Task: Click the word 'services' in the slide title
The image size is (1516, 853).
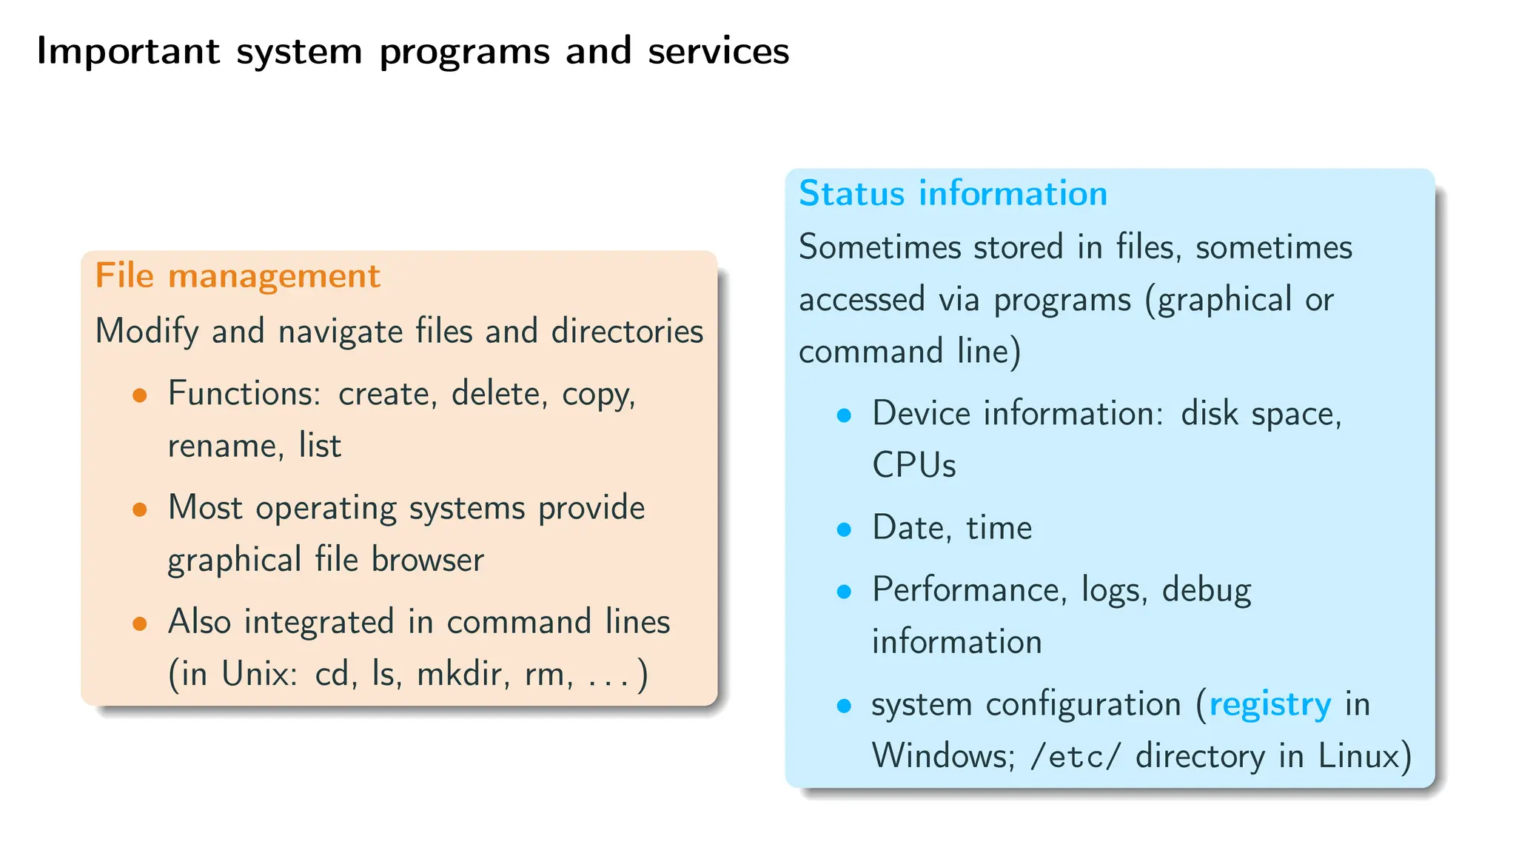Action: [x=718, y=52]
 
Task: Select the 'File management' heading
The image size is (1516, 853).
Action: [x=237, y=276]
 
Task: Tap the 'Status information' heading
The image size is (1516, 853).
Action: [x=953, y=194]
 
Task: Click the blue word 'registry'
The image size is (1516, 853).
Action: [x=1270, y=704]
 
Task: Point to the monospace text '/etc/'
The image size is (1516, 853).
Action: [x=1076, y=757]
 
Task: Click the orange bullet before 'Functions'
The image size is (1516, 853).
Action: [x=140, y=395]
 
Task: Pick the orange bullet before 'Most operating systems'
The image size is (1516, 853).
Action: [x=140, y=509]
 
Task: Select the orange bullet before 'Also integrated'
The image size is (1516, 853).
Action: [x=140, y=623]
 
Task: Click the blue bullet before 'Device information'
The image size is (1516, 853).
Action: [x=844, y=415]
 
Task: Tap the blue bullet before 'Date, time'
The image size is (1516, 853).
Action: [x=844, y=529]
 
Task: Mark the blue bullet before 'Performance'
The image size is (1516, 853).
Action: [x=844, y=592]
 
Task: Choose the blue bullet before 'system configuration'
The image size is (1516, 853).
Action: [x=844, y=706]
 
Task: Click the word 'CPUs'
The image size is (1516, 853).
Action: [x=913, y=466]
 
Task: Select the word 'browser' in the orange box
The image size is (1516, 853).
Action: [x=427, y=561]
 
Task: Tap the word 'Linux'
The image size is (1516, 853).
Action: [x=1359, y=757]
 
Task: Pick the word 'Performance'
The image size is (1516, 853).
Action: [x=969, y=590]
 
